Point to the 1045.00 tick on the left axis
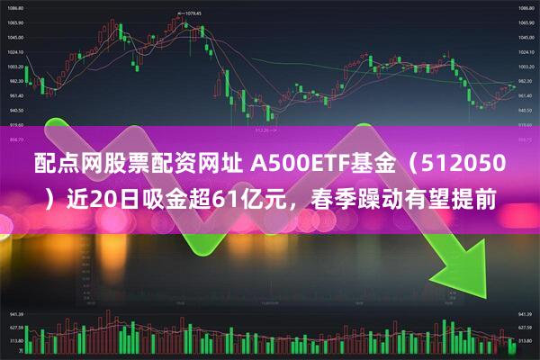(15, 37)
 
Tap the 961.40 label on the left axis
(15, 95)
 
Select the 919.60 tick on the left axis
(15, 124)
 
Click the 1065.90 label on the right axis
(526, 22)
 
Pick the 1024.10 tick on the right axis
(526, 51)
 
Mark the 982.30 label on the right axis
(526, 81)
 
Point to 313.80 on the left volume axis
(15, 342)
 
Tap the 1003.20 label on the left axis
(15, 67)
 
